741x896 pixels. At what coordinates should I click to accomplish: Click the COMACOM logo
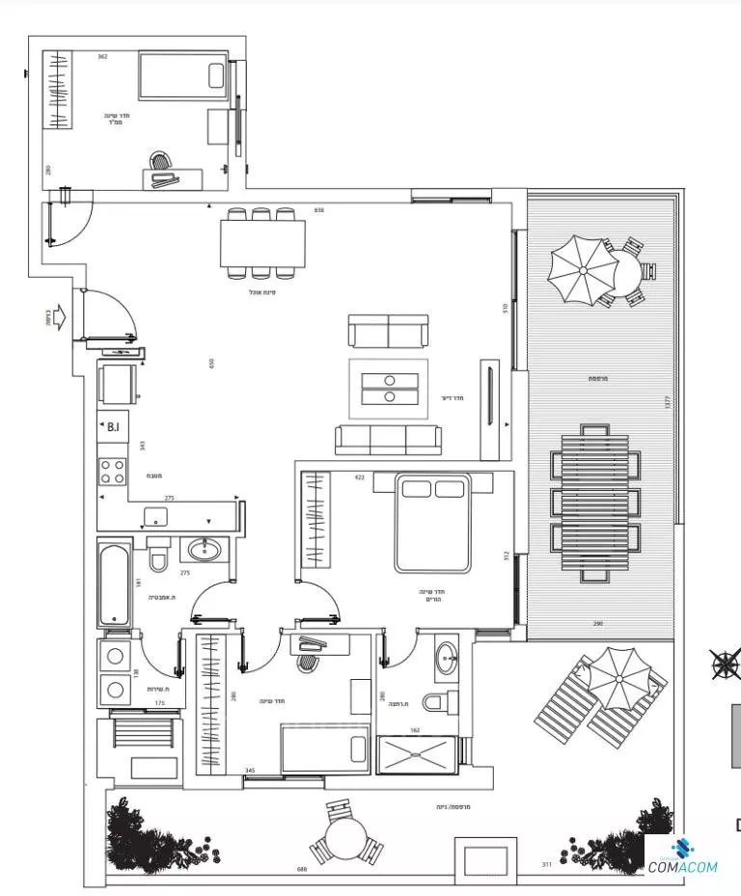pos(683,859)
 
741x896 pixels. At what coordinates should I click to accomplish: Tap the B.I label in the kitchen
pos(113,426)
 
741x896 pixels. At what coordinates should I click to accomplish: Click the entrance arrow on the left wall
pos(58,316)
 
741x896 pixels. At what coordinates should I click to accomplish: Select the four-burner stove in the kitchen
pos(113,471)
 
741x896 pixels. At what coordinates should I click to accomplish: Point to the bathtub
pos(114,584)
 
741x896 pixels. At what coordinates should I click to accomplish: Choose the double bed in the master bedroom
pos(431,523)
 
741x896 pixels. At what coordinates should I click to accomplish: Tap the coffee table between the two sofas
pos(389,388)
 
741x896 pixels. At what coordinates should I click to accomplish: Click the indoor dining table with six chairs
pos(262,243)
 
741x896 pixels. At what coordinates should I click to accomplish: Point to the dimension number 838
pos(318,209)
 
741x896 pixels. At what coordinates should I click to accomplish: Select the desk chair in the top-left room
pos(161,161)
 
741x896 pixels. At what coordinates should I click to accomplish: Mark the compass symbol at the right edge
pos(727,665)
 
